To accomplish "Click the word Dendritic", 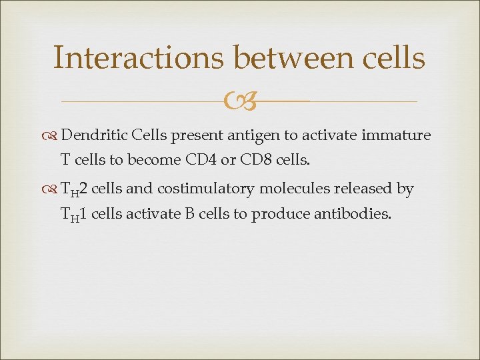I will (x=94, y=135).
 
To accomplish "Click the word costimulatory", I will (x=205, y=189).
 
